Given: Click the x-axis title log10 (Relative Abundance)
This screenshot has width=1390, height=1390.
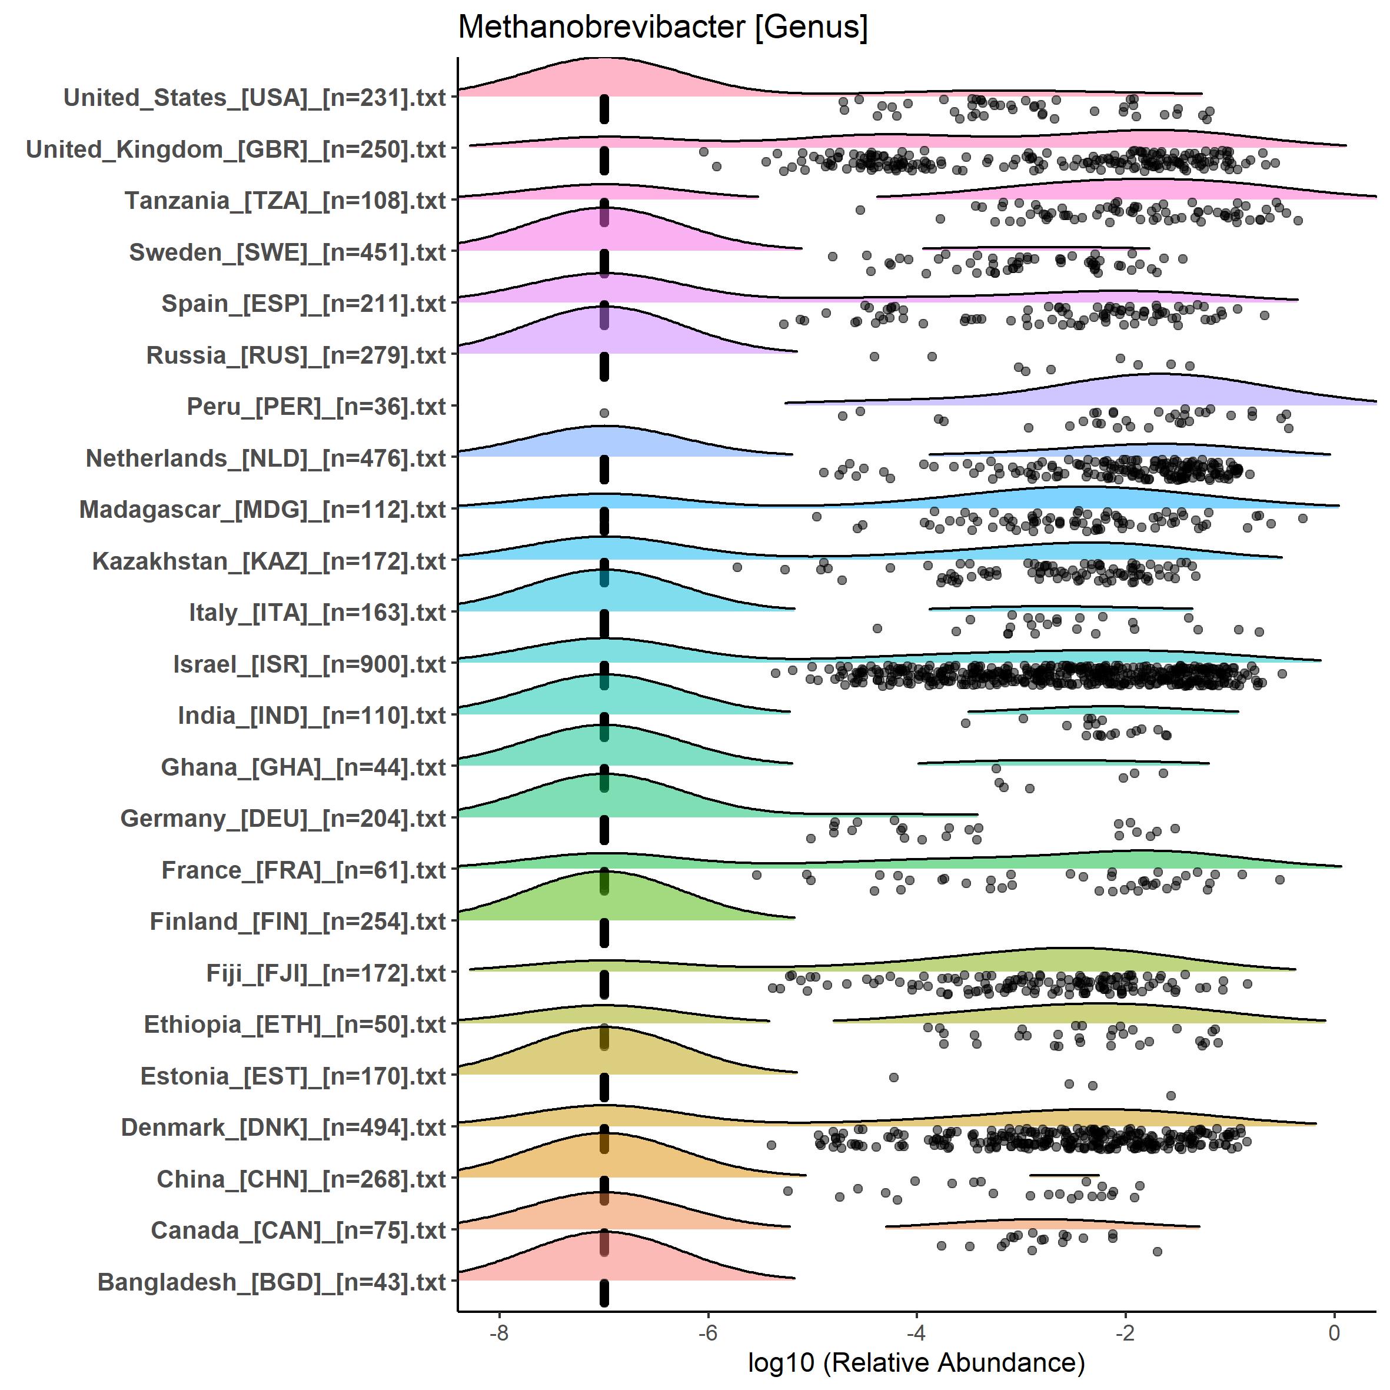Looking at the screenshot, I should [x=916, y=1362].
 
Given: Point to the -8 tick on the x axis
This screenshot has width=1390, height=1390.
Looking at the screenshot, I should [x=498, y=1332].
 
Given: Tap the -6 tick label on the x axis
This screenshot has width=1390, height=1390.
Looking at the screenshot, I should [x=707, y=1332].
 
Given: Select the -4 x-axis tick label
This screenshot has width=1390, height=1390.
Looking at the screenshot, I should [x=916, y=1332].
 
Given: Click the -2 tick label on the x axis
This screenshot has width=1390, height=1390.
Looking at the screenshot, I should [x=1125, y=1332].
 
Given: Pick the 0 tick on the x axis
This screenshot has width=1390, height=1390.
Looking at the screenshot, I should [x=1334, y=1332].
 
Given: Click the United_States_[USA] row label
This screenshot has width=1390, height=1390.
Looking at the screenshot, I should [x=255, y=98].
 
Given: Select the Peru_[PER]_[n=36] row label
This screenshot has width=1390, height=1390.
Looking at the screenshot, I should [x=317, y=407].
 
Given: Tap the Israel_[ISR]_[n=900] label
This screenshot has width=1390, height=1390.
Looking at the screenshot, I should [x=310, y=664].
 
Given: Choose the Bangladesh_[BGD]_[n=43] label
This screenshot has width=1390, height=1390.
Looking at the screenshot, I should [x=271, y=1282].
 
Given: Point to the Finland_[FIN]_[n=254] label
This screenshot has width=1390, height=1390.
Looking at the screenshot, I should [x=298, y=922].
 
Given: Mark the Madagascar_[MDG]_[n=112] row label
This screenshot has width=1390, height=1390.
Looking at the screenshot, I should [x=262, y=510].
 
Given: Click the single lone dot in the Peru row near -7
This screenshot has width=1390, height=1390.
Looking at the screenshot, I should [x=604, y=413].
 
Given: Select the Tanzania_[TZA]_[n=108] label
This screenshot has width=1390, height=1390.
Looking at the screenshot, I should [x=285, y=201].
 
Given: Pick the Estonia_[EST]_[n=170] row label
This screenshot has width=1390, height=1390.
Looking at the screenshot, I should [x=293, y=1076].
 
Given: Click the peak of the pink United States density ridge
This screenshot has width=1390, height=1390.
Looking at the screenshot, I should [x=604, y=59].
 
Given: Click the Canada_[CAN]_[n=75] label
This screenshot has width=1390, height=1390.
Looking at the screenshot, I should [x=298, y=1231].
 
